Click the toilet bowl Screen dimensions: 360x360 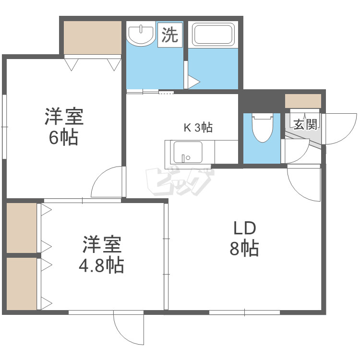tap(262, 128)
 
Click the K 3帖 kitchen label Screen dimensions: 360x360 tap(198, 128)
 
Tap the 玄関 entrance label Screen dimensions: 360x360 tap(305, 125)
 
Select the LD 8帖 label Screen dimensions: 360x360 tap(244, 239)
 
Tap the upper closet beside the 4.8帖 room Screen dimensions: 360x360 tap(22, 228)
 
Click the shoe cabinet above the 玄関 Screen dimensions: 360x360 tap(303, 101)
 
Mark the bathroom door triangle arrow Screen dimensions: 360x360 tap(193, 82)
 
